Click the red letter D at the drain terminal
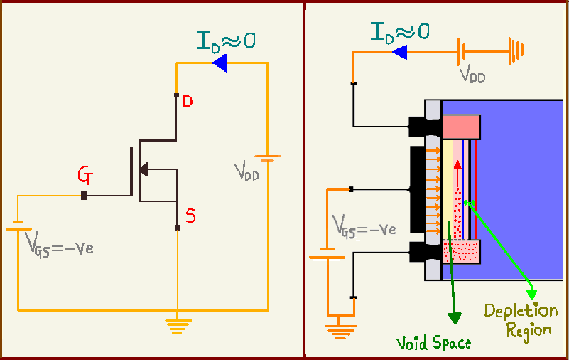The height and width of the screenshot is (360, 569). [x=187, y=102]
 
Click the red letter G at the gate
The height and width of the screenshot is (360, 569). [x=85, y=175]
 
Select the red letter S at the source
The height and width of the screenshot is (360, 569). [x=190, y=216]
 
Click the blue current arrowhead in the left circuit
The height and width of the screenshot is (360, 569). [x=219, y=65]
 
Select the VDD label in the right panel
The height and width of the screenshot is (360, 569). [x=472, y=73]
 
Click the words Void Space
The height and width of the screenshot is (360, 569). [x=433, y=343]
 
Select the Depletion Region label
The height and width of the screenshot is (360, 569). [x=521, y=320]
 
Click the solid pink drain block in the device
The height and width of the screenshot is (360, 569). [x=462, y=127]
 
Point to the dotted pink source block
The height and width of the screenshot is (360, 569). [x=462, y=250]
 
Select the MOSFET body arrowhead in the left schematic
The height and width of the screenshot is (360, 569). [x=144, y=169]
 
